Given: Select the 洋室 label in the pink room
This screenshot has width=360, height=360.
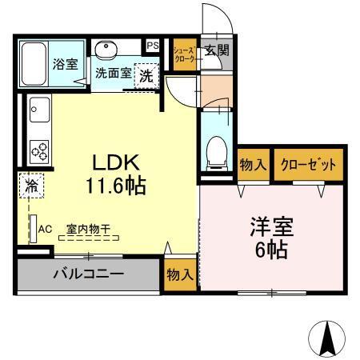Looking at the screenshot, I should pos(271,226).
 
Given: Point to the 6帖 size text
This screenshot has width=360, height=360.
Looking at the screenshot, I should pos(272,249).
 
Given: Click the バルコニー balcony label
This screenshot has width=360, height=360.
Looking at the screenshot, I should pos(88,274).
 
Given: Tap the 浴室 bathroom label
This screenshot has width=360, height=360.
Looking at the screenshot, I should pos(65,64).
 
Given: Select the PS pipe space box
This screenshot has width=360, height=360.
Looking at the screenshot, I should pos(153,46).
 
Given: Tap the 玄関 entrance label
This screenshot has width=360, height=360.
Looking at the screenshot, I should pos(216,50).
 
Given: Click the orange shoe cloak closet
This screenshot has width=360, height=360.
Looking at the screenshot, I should pos(185,54).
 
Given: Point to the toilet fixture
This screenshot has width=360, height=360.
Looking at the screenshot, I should pos(216,150).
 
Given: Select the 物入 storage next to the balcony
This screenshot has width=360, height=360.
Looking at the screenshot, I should pos(179,274).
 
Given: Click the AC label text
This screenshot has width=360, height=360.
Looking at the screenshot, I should pos(46,228).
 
